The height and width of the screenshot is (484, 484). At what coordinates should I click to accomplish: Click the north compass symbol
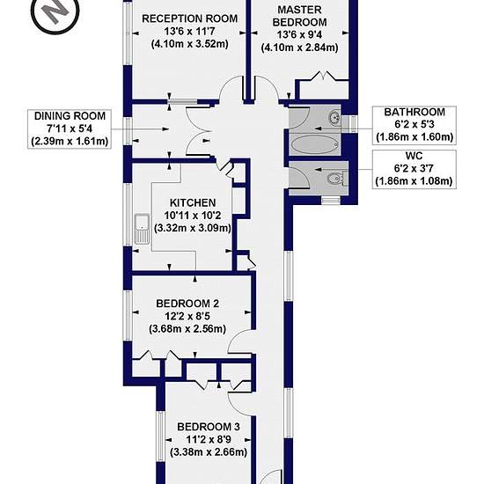(x=55, y=12)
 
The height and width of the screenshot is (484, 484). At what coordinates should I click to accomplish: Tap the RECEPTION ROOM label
(x=189, y=18)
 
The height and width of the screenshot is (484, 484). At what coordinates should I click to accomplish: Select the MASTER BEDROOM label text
(x=300, y=16)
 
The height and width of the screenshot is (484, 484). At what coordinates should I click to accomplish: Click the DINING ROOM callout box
(x=70, y=128)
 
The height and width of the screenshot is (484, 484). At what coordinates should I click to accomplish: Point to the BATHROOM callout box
(x=414, y=125)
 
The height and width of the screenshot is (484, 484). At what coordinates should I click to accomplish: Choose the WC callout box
(x=414, y=169)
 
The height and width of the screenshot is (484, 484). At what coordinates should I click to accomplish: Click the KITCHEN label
(x=193, y=202)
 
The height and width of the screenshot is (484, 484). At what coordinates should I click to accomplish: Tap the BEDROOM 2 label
(x=187, y=304)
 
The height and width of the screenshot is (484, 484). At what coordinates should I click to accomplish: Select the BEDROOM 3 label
(x=209, y=427)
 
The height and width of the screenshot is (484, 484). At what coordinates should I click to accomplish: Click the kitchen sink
(x=142, y=229)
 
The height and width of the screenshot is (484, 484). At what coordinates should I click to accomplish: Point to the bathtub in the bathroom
(x=314, y=144)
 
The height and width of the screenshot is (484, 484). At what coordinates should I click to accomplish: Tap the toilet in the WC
(x=335, y=179)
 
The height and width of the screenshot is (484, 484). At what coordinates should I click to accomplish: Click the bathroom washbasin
(x=334, y=118)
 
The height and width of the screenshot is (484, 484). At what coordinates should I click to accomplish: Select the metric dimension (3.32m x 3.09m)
(x=193, y=228)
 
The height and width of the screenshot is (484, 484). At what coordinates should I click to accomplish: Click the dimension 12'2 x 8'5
(x=187, y=316)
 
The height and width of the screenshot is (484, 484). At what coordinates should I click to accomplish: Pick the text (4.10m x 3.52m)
(x=189, y=44)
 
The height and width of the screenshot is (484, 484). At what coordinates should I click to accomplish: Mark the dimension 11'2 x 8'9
(x=209, y=439)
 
